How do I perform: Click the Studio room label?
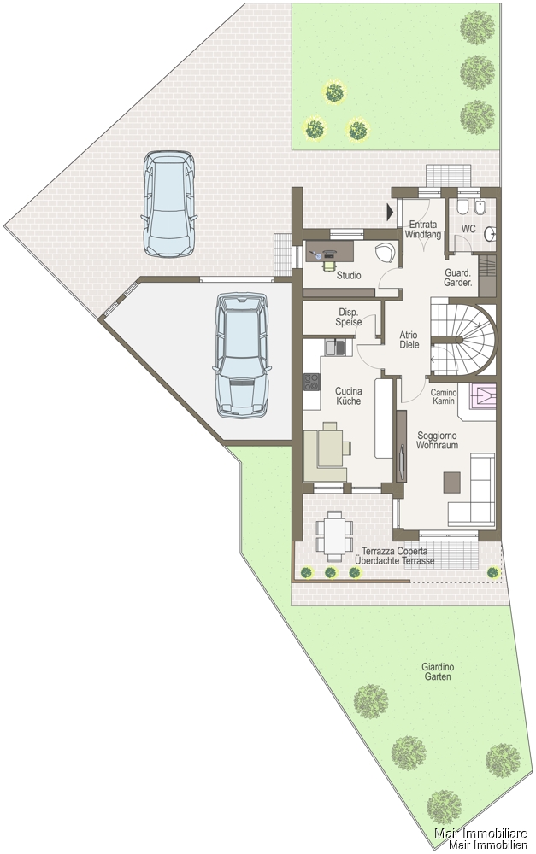point(349,276)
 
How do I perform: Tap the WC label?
point(468,229)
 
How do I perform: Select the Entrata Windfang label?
point(423,229)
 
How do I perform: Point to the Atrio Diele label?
point(409,340)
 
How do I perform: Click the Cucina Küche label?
point(349,396)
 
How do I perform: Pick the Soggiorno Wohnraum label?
point(437,440)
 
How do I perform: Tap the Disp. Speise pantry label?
point(349,317)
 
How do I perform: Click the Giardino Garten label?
point(438,671)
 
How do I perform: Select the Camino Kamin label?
point(444,396)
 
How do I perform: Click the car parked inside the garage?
point(242,355)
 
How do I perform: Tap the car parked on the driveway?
point(169,204)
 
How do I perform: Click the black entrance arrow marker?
point(390,212)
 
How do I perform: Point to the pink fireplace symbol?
point(483,396)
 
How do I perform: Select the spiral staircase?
point(463,339)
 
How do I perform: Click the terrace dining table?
point(334,536)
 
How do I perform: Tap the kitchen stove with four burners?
point(311,382)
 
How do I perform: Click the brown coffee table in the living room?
point(452,482)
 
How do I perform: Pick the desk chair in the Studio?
point(328,264)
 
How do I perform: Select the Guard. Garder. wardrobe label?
point(458,278)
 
